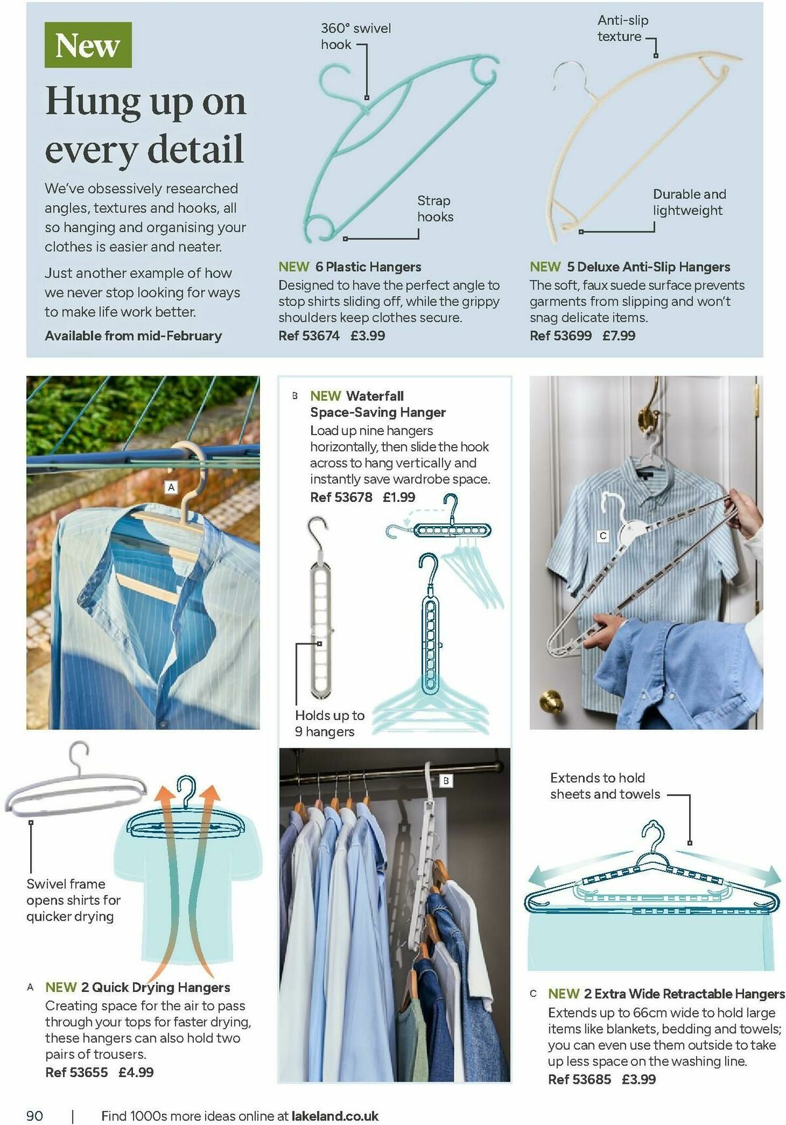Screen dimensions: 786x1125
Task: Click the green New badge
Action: (88, 45)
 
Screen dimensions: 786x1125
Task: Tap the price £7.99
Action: (619, 335)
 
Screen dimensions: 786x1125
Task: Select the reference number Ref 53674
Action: (309, 335)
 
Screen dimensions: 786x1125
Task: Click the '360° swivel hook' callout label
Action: (355, 36)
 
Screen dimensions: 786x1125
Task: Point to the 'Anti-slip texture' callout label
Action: (622, 28)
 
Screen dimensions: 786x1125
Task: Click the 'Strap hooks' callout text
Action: (435, 208)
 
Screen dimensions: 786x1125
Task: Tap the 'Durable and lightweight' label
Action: (689, 202)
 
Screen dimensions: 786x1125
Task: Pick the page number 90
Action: (35, 1115)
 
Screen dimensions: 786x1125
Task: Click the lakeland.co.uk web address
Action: (335, 1115)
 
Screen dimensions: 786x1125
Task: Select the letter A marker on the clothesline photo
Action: (171, 487)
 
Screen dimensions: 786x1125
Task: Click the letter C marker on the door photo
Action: (603, 535)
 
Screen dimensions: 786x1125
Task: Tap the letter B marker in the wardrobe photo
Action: (446, 780)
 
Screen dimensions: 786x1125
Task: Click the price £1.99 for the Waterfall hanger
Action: (399, 497)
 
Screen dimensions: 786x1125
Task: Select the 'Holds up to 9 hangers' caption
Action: (329, 723)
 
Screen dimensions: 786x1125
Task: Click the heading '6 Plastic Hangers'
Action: (368, 267)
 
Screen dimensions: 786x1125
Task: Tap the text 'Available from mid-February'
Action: (134, 335)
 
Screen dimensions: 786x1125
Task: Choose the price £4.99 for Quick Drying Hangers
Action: (136, 1072)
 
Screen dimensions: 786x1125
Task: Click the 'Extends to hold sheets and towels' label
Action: (605, 786)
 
